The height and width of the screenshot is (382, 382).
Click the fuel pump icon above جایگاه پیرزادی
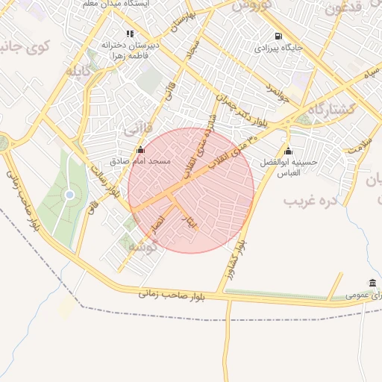click(x=278, y=36)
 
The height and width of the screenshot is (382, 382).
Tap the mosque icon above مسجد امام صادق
click(x=141, y=149)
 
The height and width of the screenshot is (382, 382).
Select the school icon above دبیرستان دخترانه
click(x=131, y=33)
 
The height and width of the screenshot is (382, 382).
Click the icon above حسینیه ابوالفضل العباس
click(x=288, y=152)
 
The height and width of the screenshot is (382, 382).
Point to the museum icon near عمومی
click(x=372, y=283)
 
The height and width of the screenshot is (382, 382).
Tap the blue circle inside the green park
click(x=69, y=195)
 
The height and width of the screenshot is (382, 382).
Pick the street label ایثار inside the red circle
click(x=188, y=217)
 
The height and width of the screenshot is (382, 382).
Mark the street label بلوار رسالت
click(x=106, y=179)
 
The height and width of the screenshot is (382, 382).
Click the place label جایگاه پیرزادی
click(x=278, y=48)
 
